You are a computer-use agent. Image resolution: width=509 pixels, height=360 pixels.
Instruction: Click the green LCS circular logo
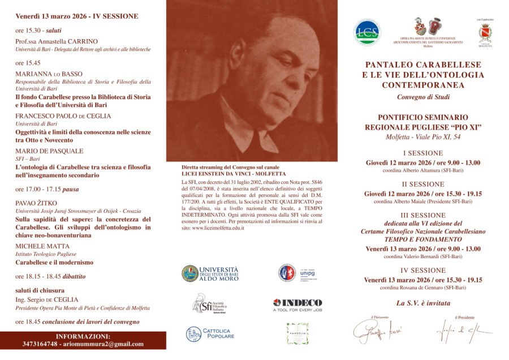coord(367,32)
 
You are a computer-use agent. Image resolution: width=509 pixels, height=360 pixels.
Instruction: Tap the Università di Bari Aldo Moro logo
coord(210,273)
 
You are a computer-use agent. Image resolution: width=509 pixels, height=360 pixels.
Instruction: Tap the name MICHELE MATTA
coord(42,246)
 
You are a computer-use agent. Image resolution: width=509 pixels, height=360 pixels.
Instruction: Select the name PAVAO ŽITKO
coord(37,202)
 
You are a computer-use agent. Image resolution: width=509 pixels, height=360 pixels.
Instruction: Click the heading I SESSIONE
coord(423,153)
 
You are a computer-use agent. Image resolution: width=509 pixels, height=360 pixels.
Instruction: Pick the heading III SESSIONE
coord(423,215)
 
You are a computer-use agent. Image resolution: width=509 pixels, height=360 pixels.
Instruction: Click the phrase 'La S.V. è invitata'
coord(422,303)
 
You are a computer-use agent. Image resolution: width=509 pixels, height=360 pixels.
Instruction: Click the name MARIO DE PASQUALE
coord(49,151)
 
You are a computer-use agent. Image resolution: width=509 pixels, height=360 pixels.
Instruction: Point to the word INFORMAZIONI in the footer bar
coord(83,336)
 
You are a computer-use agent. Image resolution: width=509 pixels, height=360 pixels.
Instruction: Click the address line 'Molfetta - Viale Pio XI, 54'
coord(422,138)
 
